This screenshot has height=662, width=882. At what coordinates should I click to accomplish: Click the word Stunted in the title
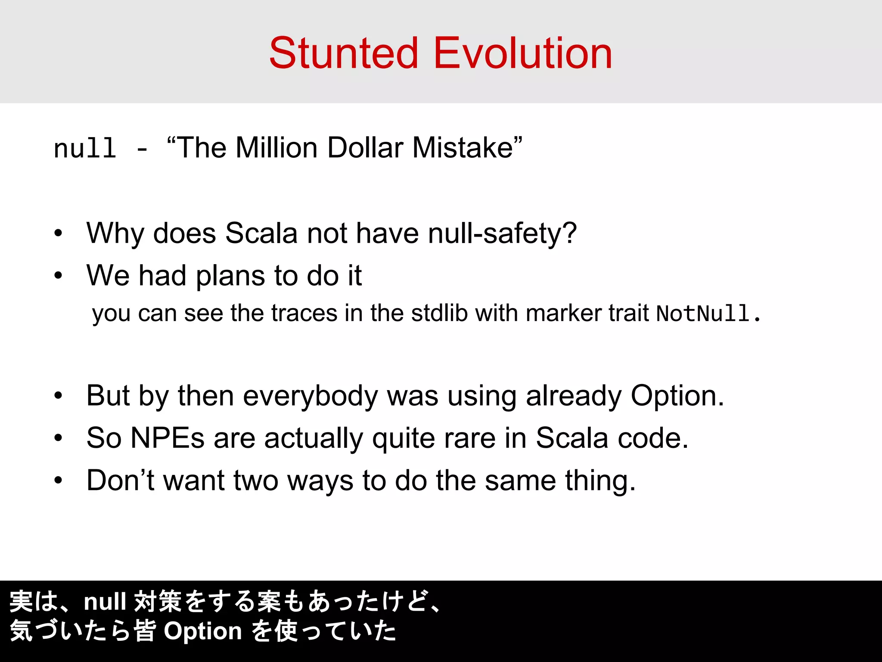pyautogui.click(x=344, y=53)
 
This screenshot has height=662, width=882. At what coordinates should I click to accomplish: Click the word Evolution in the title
pyautogui.click(x=523, y=53)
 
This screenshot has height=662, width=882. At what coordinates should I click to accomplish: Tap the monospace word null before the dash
pyautogui.click(x=85, y=149)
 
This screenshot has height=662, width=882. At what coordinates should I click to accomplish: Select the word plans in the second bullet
pyautogui.click(x=231, y=276)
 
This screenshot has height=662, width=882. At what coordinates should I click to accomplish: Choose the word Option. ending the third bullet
pyautogui.click(x=677, y=395)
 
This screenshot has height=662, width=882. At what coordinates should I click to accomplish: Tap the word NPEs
pyautogui.click(x=167, y=438)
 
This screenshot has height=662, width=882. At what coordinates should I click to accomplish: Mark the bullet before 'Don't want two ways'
pyautogui.click(x=59, y=480)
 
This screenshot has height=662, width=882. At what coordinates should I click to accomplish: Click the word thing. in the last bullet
pyautogui.click(x=600, y=481)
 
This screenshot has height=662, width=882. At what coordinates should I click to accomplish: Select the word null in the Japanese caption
pyautogui.click(x=105, y=602)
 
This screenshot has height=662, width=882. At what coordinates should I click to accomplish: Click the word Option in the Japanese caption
pyautogui.click(x=203, y=631)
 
